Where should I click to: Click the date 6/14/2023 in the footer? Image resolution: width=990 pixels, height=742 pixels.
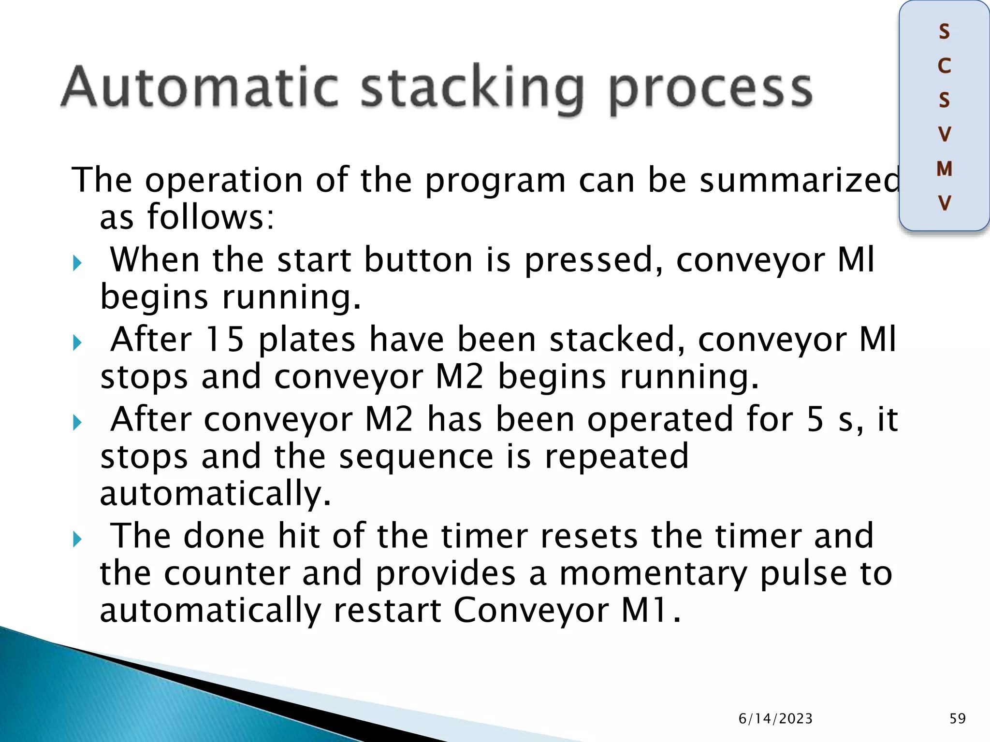pos(775,719)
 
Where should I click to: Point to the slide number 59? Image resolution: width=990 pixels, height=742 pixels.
pos(957,718)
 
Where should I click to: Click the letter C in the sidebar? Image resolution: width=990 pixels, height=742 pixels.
pos(944,66)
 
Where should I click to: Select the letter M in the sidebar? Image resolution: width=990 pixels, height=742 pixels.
pos(944,169)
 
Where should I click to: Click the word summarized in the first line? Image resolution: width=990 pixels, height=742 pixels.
pos(800,180)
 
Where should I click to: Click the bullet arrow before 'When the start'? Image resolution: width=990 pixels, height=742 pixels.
pos(77,264)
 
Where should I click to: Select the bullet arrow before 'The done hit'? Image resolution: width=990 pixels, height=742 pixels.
pos(77,539)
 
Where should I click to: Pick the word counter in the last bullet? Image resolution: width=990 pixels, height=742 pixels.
pos(227,574)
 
